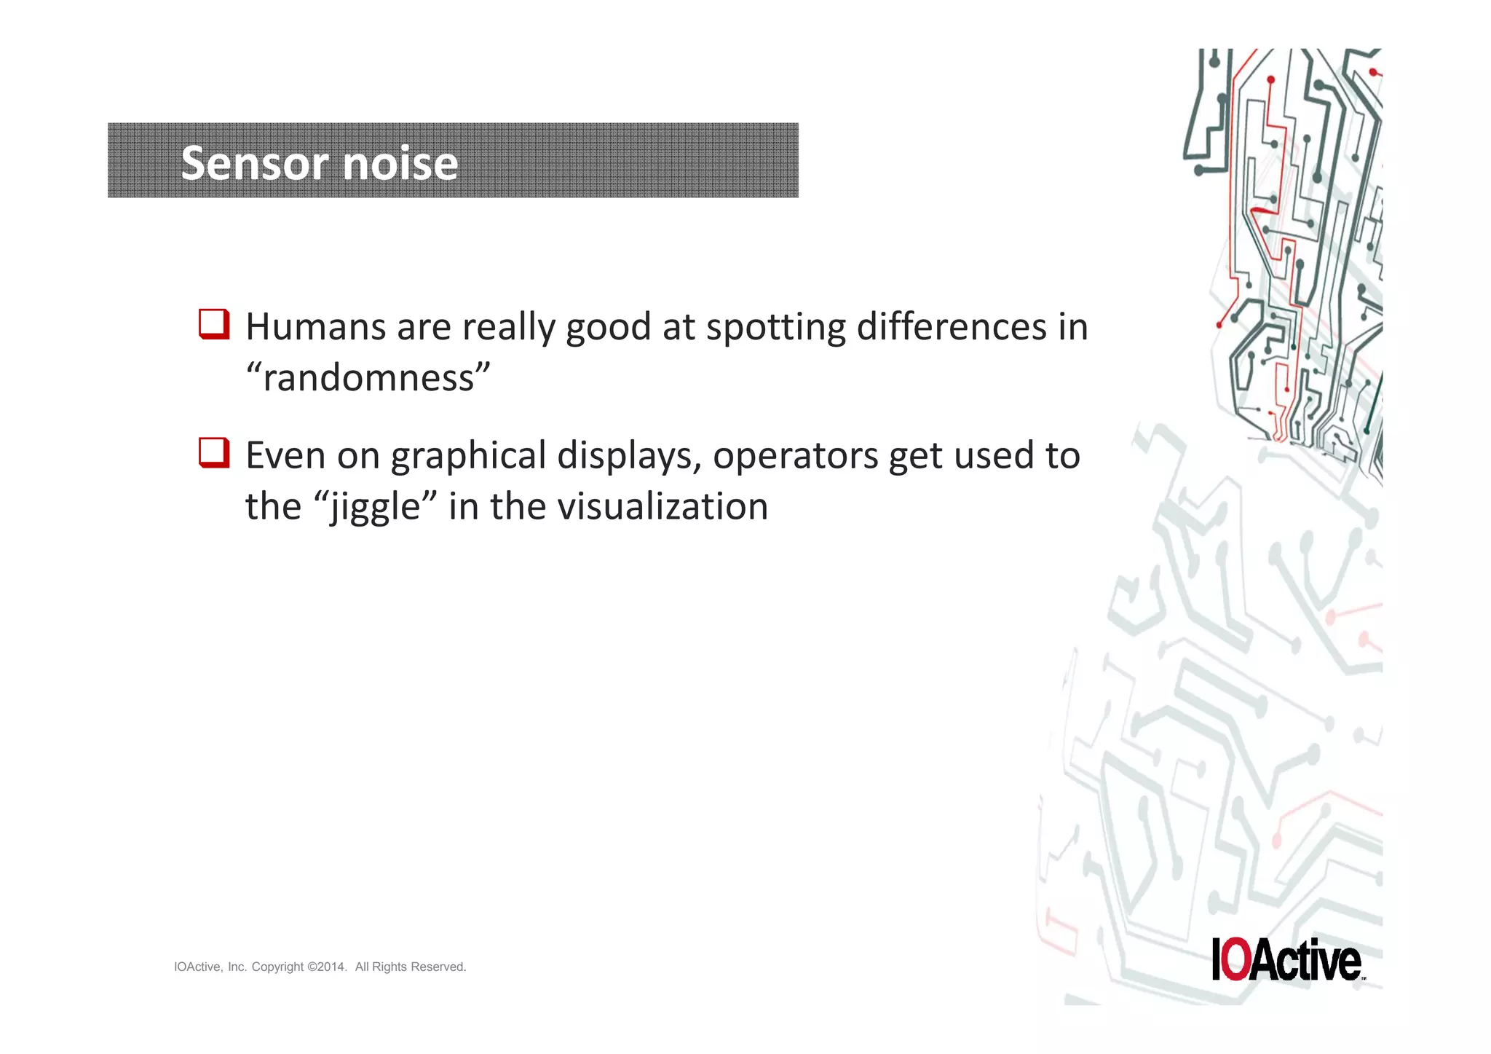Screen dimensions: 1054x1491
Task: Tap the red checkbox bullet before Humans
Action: click(214, 324)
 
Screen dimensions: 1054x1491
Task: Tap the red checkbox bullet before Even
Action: click(214, 453)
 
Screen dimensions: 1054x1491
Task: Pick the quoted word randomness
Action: click(368, 377)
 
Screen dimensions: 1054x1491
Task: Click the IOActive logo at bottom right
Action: click(1286, 959)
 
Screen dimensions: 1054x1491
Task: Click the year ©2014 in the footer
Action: click(328, 967)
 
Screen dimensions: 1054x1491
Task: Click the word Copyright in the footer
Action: click(277, 967)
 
